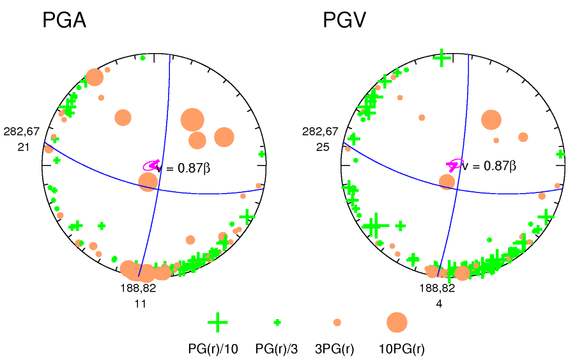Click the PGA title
pyautogui.click(x=64, y=20)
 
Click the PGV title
pyautogui.click(x=344, y=20)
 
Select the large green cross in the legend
pyautogui.click(x=218, y=322)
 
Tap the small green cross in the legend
pyautogui.click(x=277, y=322)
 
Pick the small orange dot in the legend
pyautogui.click(x=337, y=322)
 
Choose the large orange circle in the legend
pyautogui.click(x=397, y=322)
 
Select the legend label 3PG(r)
pyautogui.click(x=337, y=349)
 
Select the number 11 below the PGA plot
pyautogui.click(x=140, y=304)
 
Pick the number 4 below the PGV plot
pyautogui.click(x=439, y=304)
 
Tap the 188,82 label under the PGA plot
pyautogui.click(x=138, y=288)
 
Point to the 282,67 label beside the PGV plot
pyautogui.click(x=320, y=132)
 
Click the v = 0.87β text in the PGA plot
pyautogui.click(x=184, y=168)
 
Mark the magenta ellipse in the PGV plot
pyautogui.click(x=454, y=164)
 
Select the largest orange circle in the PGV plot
pyautogui.click(x=491, y=120)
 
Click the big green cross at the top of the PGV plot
pyautogui.click(x=441, y=58)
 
